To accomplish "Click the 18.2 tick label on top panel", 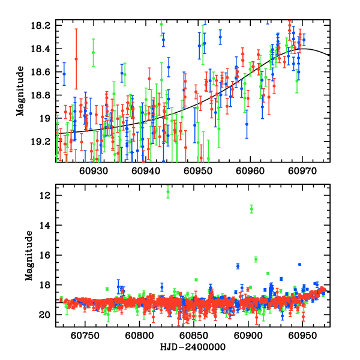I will pos(43,25).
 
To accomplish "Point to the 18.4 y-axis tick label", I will pos(43,49).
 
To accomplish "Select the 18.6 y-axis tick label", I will pos(43,72).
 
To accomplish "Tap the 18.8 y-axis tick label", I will pos(43,95).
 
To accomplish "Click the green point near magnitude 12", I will pos(168,192).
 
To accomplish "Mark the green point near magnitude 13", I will pos(251,209).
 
